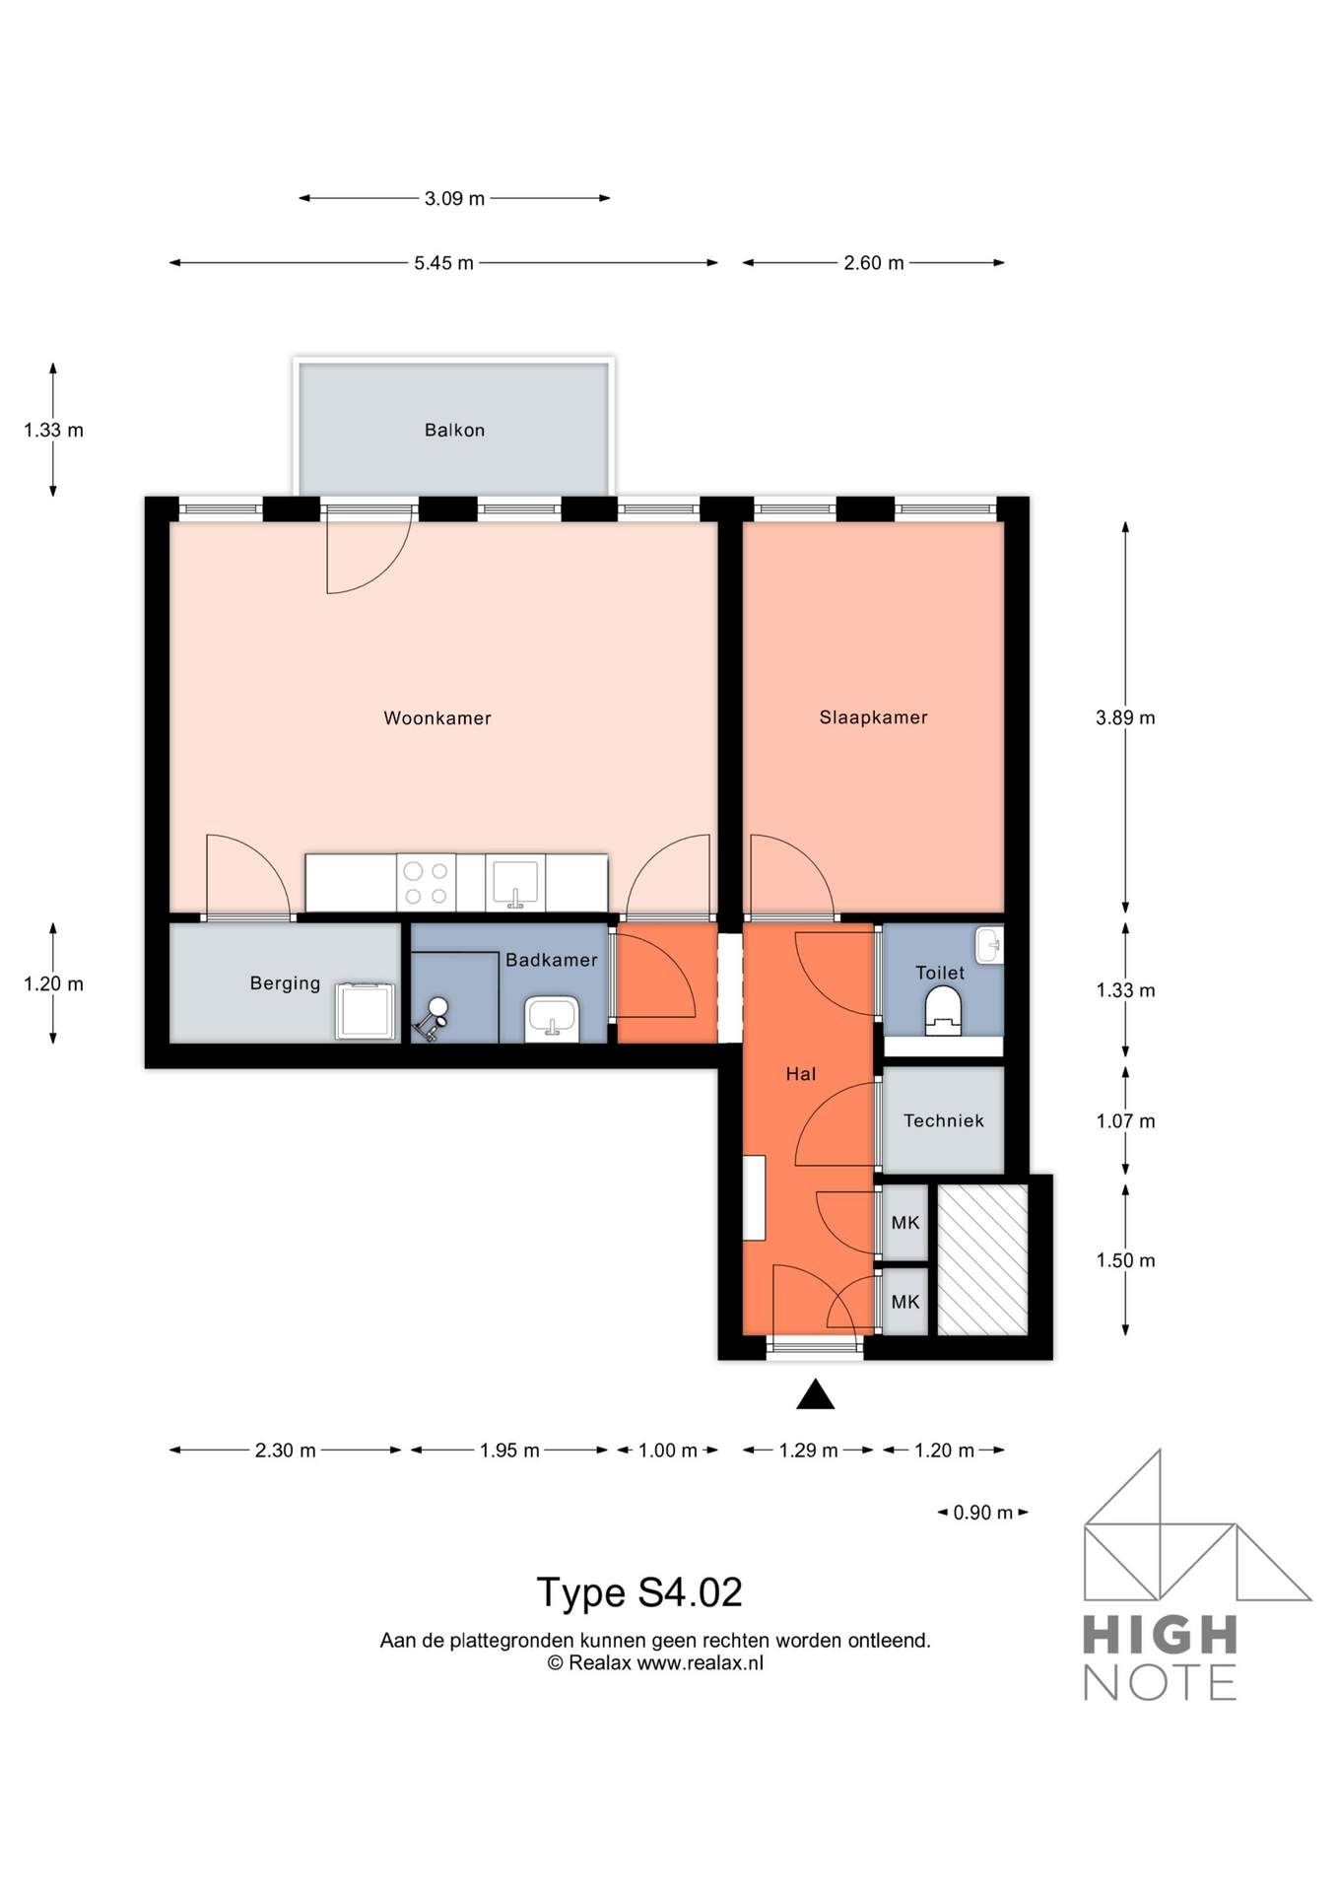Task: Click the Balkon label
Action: (454, 430)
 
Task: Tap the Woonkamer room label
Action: (437, 718)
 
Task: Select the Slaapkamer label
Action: (873, 717)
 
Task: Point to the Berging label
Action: (285, 982)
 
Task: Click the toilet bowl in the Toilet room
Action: (943, 1011)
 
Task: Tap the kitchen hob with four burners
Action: (426, 883)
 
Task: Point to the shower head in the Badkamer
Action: (437, 1007)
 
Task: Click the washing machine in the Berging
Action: (366, 1011)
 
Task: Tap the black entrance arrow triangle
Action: (815, 1394)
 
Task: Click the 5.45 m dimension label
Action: (443, 263)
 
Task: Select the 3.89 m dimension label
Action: (1125, 718)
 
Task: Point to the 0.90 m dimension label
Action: (983, 1513)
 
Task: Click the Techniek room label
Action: (944, 1120)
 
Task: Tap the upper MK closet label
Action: (905, 1223)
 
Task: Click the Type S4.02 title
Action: (639, 1592)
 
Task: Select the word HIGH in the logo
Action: (1161, 1636)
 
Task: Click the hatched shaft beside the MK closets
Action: (982, 1260)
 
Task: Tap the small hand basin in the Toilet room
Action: (989, 945)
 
